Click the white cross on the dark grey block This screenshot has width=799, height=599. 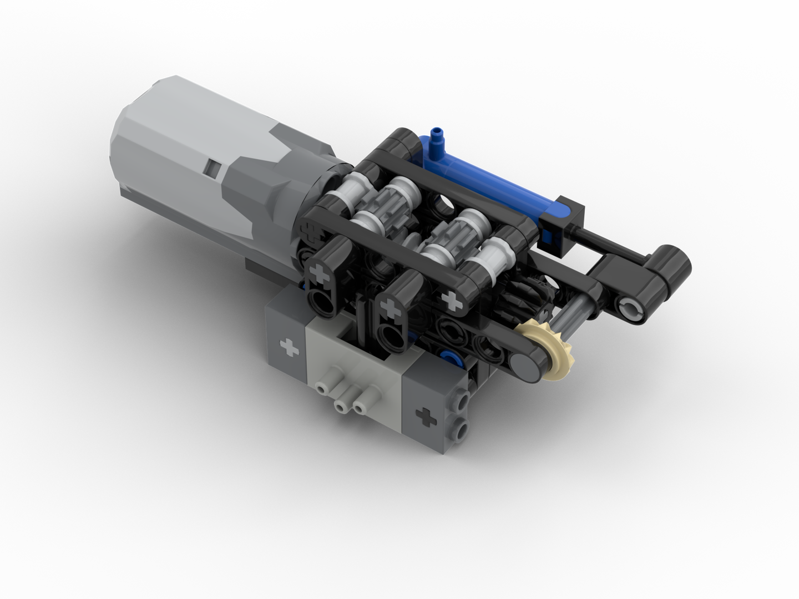(x=287, y=348)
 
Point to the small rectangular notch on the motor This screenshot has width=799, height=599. (x=212, y=167)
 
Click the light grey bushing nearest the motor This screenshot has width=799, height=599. (x=343, y=191)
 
